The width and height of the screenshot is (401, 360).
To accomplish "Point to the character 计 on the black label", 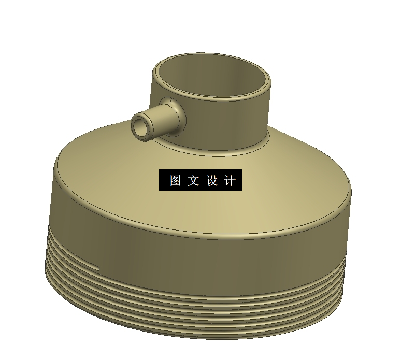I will [230, 181].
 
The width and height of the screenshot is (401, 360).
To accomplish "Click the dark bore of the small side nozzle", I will [140, 126].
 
